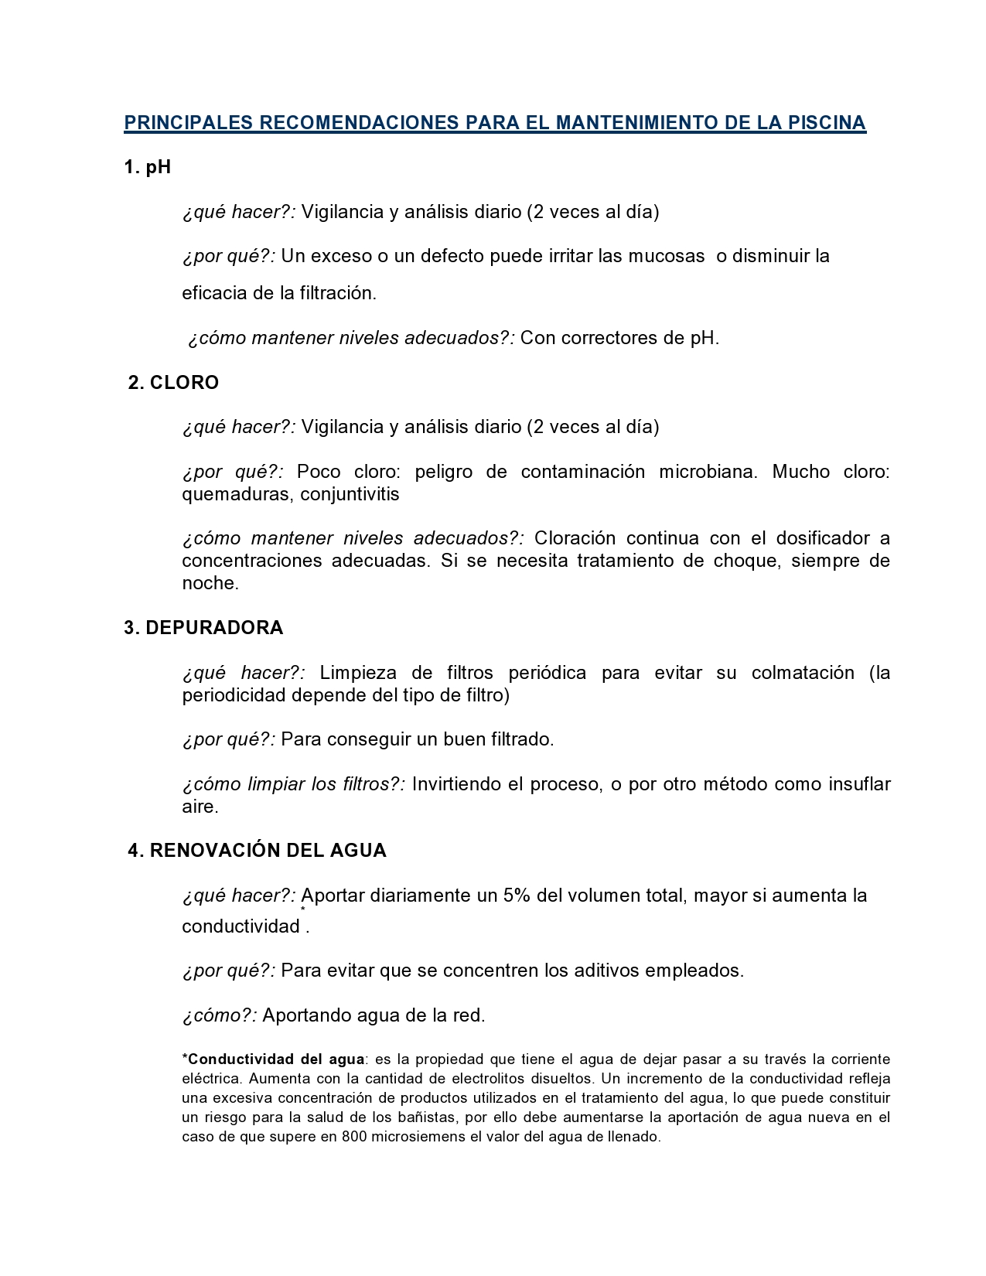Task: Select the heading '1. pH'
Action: click(148, 167)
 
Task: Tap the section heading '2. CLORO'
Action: click(173, 383)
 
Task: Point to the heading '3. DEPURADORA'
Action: click(203, 628)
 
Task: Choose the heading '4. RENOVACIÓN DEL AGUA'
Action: click(257, 851)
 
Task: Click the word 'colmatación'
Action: click(803, 673)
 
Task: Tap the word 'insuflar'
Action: click(859, 784)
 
